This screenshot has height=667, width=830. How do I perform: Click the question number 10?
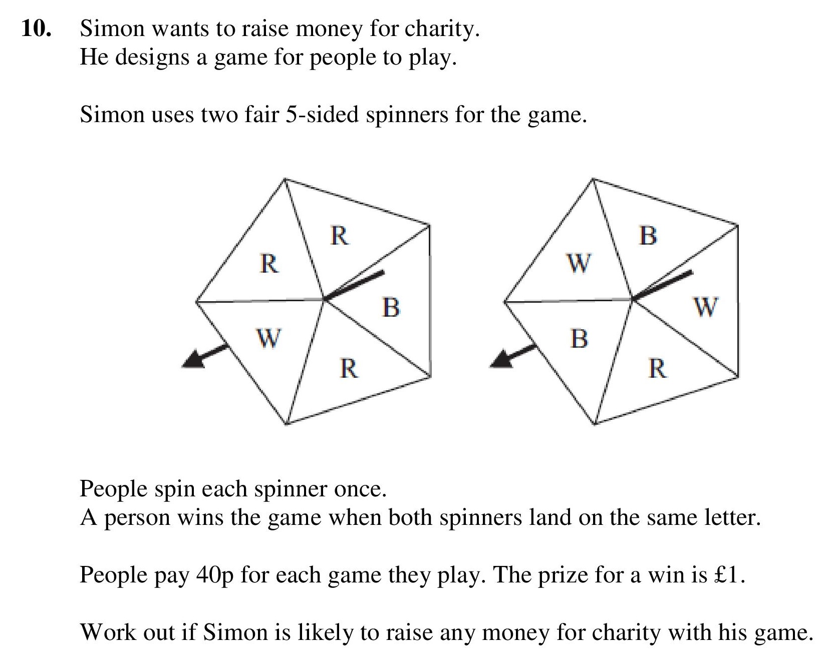click(36, 29)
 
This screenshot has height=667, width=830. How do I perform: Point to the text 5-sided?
click(322, 115)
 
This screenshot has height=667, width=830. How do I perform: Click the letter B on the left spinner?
click(391, 307)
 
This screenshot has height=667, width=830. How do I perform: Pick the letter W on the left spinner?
click(269, 338)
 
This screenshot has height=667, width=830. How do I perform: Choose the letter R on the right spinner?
click(658, 369)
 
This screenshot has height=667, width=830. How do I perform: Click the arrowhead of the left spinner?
click(194, 359)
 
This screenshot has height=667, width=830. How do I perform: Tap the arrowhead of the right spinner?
click(502, 359)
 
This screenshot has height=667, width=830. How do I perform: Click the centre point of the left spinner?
click(324, 300)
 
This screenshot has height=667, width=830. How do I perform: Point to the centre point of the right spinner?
click(633, 300)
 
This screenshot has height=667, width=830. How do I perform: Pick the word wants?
click(180, 30)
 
